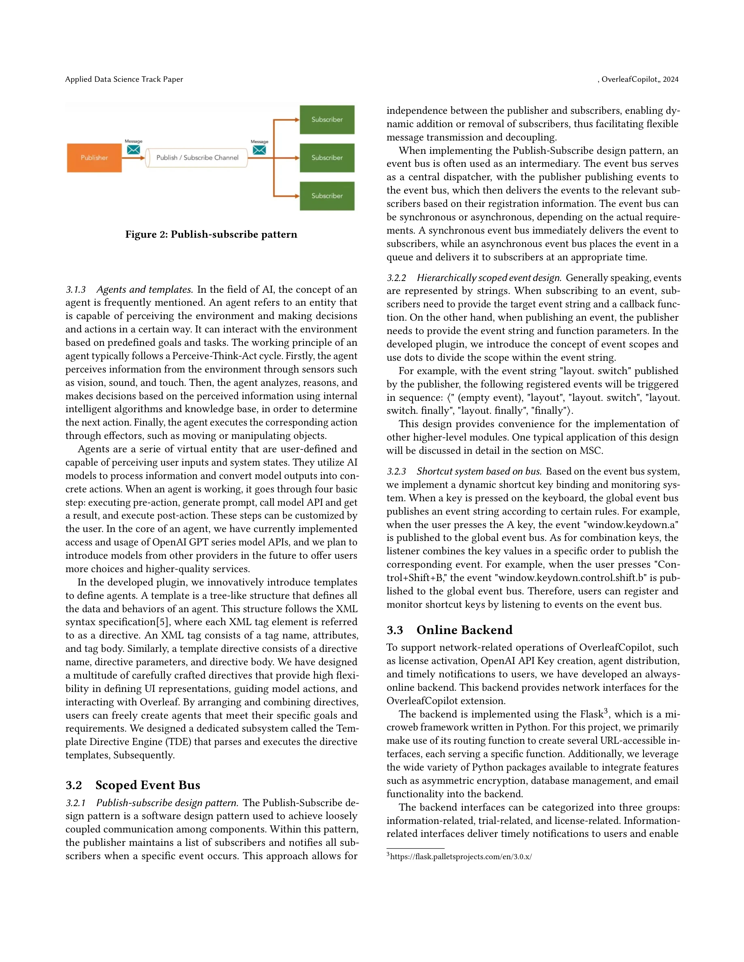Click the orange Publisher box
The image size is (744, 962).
[x=94, y=157]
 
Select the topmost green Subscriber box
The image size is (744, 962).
[x=327, y=119]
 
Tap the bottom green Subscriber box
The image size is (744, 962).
[x=327, y=196]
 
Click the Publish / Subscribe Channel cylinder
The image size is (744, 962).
[x=197, y=157]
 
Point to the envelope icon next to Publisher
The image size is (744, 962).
[x=134, y=150]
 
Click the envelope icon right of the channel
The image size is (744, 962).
[x=260, y=150]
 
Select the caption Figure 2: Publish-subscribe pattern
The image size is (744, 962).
[x=211, y=234]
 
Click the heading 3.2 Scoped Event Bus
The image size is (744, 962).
[x=133, y=785]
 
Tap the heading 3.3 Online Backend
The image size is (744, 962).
[x=449, y=630]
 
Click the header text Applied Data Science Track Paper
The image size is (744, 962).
[x=124, y=79]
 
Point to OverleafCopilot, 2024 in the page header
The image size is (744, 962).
[x=639, y=79]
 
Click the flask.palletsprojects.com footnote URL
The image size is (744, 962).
[x=461, y=857]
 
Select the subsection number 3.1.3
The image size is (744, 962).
[x=76, y=290]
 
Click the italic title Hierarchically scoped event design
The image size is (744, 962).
[x=489, y=278]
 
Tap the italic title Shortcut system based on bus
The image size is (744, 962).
[x=479, y=471]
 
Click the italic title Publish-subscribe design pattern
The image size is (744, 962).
[x=167, y=803]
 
